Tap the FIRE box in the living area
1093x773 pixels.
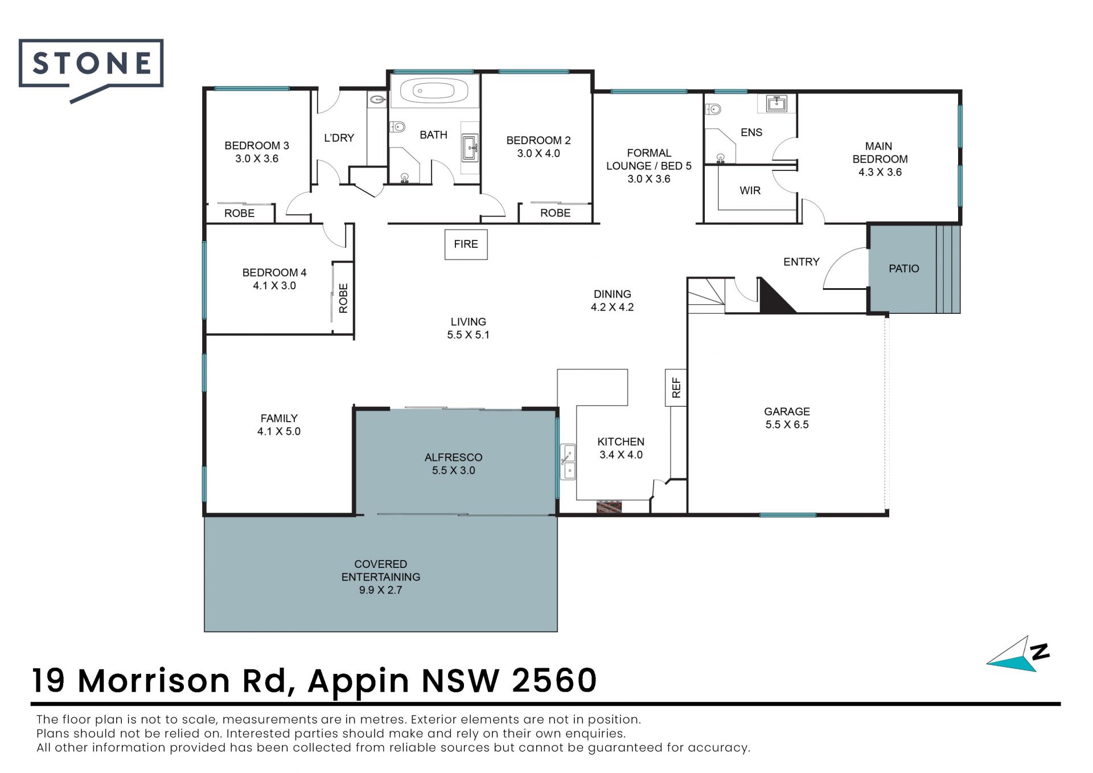(x=466, y=244)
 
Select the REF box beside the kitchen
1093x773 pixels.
(x=676, y=387)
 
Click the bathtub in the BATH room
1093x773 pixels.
(x=434, y=91)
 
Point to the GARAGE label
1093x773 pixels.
(x=787, y=411)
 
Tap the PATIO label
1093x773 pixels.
(x=904, y=268)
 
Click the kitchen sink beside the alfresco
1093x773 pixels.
(x=568, y=462)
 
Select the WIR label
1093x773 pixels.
(x=750, y=191)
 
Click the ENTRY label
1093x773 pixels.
(x=801, y=262)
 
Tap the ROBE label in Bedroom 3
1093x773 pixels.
(x=239, y=213)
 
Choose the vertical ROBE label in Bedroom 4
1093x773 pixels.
(x=343, y=298)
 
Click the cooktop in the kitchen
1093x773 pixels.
(x=609, y=506)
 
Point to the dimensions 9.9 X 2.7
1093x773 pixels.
(x=380, y=590)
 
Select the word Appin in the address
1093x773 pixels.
(x=359, y=681)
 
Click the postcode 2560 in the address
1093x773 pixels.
(x=554, y=680)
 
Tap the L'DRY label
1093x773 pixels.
(x=339, y=138)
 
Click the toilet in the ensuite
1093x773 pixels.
(x=714, y=109)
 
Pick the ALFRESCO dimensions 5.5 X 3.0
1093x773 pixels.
(x=453, y=471)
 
